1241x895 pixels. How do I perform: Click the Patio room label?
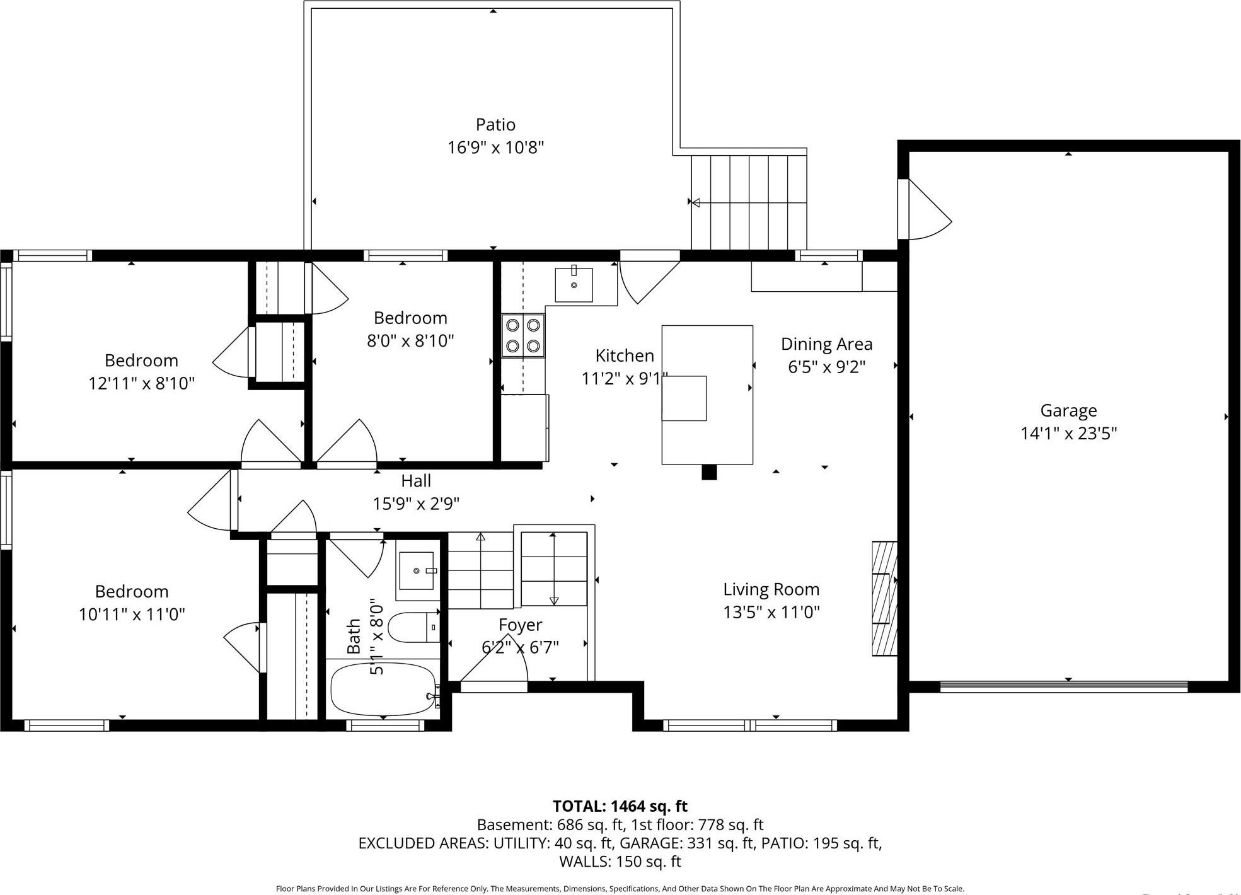495,124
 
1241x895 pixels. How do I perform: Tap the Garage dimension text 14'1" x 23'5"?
1068,434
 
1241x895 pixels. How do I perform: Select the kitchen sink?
574,285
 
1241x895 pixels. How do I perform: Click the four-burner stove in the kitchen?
523,336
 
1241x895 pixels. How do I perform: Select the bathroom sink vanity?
417,571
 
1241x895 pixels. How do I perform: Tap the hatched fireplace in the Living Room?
884,598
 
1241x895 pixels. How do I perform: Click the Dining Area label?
826,344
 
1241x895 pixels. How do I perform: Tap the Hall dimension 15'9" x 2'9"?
416,504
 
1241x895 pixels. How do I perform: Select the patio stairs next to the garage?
749,202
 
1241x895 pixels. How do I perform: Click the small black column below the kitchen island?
709,472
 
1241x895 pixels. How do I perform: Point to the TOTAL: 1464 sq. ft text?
620,806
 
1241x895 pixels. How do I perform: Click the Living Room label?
771,589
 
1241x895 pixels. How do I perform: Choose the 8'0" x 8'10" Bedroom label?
410,318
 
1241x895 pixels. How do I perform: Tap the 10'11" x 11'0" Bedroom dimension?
132,615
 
